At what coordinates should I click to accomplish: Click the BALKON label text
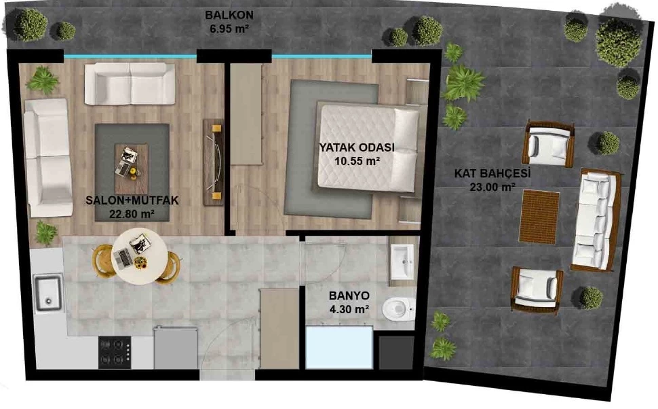pos(229,15)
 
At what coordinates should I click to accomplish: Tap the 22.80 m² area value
pos(132,214)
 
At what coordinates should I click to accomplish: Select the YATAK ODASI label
pos(357,147)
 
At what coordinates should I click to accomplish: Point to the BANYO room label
pos(349,296)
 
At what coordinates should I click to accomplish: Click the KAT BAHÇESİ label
pos(492,173)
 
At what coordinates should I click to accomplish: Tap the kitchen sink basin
pos(49,294)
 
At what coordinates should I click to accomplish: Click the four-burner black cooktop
pos(115,353)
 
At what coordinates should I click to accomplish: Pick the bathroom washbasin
pos(402,262)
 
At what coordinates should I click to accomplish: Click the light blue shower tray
pos(339,347)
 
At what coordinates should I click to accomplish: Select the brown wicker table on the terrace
pos(539,217)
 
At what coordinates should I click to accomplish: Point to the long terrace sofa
pos(595,220)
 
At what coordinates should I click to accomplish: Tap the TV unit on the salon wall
pos(214,162)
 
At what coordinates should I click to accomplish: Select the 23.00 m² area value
pos(492,187)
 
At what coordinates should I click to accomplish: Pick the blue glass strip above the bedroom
pos(322,56)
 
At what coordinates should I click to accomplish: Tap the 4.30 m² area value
pos(349,310)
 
